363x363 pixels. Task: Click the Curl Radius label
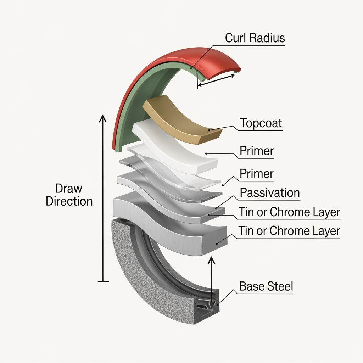(x=255, y=38)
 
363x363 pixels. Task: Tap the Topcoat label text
(x=261, y=123)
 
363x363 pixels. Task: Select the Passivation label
(x=269, y=193)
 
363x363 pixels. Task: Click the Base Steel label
(x=266, y=286)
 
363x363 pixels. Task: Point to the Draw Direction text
(x=69, y=195)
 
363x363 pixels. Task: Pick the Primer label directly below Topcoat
(x=257, y=151)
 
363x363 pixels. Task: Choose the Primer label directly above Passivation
(x=257, y=174)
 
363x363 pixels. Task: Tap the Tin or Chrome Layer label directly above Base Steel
(x=289, y=231)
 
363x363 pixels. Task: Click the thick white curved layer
(x=177, y=149)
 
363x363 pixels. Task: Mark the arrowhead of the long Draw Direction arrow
(x=103, y=118)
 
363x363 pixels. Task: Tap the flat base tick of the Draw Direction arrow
(x=103, y=281)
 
